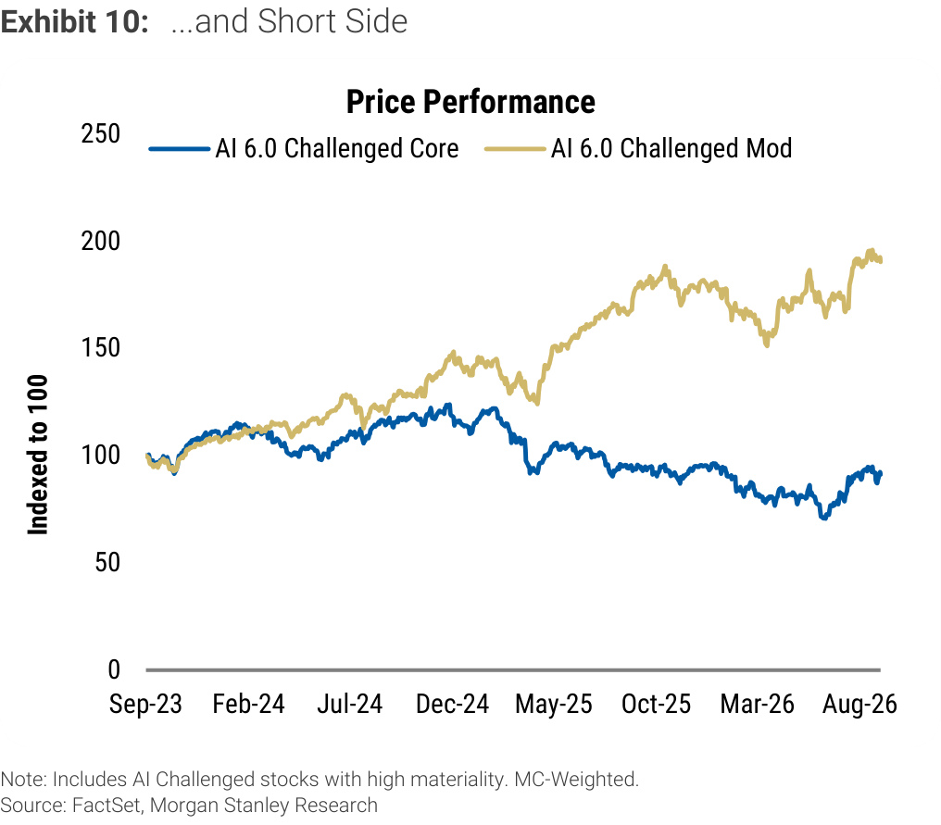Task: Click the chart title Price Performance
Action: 470,102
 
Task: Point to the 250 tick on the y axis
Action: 100,133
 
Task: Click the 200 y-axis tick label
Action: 100,241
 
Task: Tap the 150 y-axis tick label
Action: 100,347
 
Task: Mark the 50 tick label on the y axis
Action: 107,562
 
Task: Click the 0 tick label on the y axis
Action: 113,669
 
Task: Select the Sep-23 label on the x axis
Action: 145,703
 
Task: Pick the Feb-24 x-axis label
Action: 248,703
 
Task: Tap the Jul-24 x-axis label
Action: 350,703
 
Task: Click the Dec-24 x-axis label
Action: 453,703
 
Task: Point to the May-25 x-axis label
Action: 553,703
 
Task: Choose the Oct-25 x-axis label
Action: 656,703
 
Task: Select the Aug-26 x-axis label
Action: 859,703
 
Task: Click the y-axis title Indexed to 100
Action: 37,455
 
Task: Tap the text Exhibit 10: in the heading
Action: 74,21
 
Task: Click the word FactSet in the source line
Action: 107,805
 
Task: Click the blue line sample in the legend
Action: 180,149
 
